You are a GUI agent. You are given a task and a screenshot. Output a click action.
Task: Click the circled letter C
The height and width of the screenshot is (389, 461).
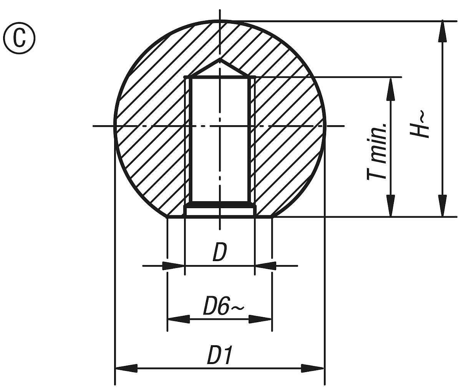[19, 38]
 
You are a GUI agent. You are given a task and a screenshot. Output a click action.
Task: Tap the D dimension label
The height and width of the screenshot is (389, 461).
[219, 253]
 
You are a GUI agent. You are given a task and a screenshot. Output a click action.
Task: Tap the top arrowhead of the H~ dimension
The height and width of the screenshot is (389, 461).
[443, 31]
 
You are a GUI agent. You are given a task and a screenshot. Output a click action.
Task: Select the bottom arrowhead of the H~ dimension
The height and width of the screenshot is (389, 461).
[443, 206]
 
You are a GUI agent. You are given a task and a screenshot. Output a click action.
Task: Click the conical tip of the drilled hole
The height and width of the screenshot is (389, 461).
[220, 60]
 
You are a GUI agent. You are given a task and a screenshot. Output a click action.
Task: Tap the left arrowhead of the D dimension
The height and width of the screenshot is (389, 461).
[174, 266]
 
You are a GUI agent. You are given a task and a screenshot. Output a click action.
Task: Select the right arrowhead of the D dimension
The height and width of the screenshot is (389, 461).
[265, 266]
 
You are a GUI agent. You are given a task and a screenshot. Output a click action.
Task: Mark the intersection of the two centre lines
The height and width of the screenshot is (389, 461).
[220, 126]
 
